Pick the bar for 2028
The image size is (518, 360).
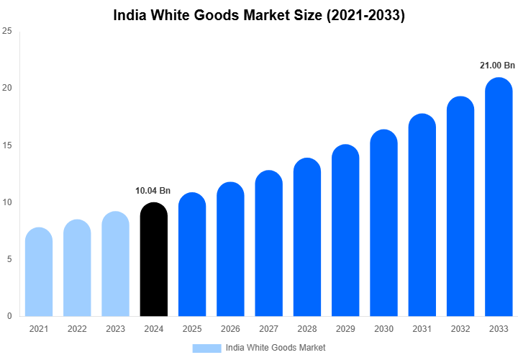[307, 237]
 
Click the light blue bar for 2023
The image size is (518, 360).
[115, 264]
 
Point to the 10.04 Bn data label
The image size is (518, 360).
[153, 191]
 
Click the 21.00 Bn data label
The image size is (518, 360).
[498, 66]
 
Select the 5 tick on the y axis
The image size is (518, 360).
[9, 259]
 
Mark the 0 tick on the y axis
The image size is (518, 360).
[9, 316]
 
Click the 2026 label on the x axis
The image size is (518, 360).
[230, 329]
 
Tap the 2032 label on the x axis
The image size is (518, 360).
[460, 329]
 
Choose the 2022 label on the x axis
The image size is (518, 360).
[77, 329]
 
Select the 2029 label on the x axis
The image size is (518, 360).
[345, 329]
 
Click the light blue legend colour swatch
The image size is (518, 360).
[206, 348]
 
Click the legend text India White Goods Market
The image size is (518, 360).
[276, 348]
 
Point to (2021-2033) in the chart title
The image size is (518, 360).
[366, 15]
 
